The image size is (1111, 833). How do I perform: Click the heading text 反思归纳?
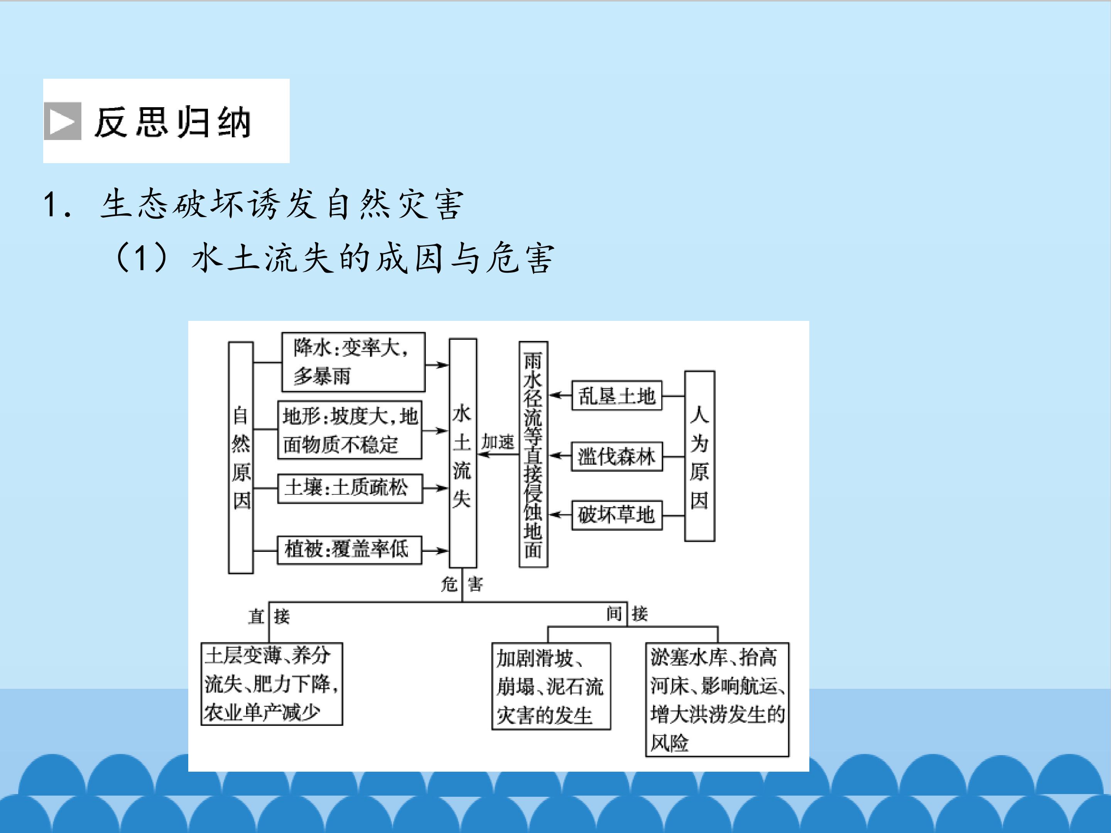(173, 122)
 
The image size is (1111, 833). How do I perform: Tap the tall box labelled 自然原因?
(241, 457)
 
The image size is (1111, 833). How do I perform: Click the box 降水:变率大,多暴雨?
(353, 362)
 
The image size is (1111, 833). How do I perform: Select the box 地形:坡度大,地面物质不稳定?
(350, 430)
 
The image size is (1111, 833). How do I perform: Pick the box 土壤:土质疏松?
(350, 488)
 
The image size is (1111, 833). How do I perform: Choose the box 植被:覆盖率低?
(350, 550)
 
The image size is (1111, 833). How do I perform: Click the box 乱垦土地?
(617, 396)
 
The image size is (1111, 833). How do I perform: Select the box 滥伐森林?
(617, 457)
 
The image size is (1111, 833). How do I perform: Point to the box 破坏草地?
(617, 515)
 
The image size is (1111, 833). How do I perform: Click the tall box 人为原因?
(700, 456)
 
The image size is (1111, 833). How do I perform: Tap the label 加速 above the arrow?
(498, 442)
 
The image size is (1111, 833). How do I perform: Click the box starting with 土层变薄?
(272, 683)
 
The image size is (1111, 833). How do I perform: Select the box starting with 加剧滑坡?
(551, 686)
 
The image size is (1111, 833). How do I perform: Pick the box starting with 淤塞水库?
(717, 700)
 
